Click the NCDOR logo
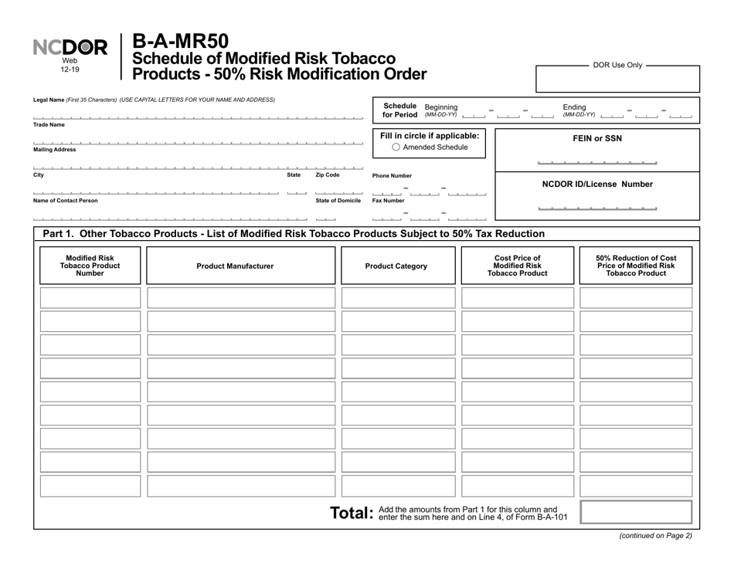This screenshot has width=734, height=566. [70, 49]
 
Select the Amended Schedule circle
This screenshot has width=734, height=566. [396, 147]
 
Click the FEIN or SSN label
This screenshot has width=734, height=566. [596, 139]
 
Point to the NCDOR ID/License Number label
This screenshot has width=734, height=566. [596, 185]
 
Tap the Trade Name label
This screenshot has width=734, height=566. [49, 124]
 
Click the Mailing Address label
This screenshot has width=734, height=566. [55, 150]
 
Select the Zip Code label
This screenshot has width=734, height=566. [327, 175]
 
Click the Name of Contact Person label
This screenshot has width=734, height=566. [66, 201]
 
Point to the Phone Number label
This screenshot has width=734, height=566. [392, 176]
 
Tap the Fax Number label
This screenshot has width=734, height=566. [388, 201]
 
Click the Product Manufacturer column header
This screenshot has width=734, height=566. [235, 266]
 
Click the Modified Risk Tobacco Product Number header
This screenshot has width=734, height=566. [90, 266]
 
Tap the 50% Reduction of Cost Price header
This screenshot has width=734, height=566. [635, 266]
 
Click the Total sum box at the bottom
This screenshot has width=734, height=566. [635, 513]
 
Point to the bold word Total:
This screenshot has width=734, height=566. [352, 513]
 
